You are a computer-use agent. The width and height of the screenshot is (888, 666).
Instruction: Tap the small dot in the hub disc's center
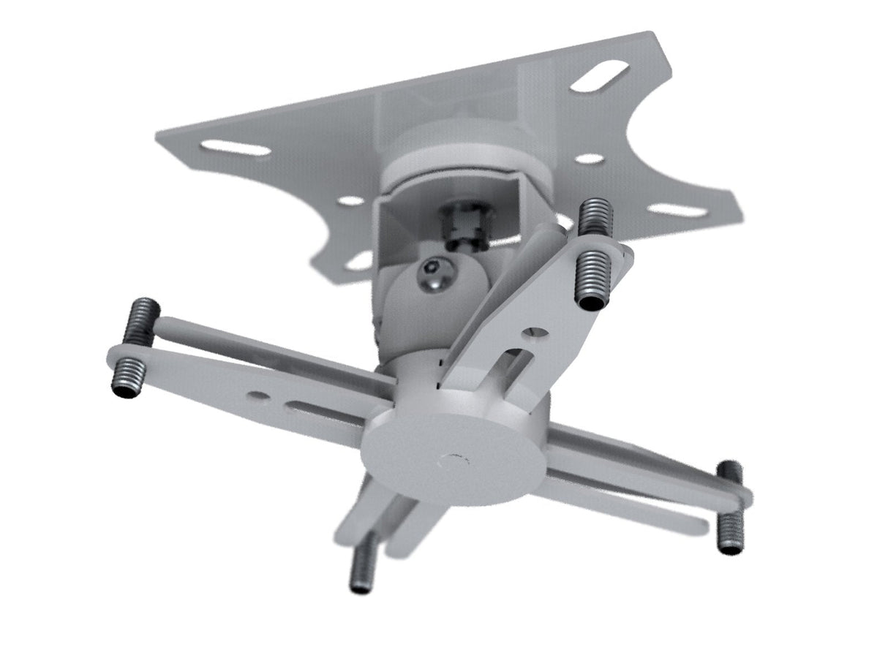pyautogui.click(x=452, y=460)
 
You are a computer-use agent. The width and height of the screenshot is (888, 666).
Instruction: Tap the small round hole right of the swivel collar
pyautogui.click(x=590, y=159)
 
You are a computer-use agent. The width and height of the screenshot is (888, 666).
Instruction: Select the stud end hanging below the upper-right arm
pyautogui.click(x=591, y=281)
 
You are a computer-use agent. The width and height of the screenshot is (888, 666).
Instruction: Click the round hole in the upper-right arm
pyautogui.click(x=538, y=333)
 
